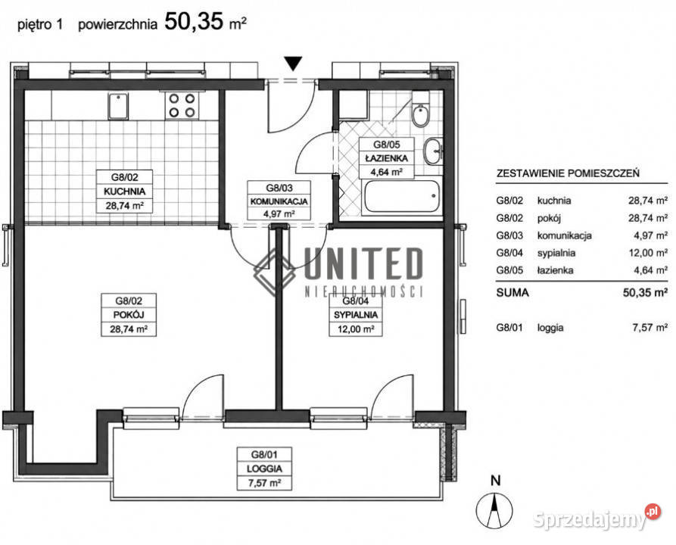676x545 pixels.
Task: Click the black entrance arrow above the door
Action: click(x=294, y=64)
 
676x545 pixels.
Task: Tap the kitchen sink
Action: click(x=117, y=107)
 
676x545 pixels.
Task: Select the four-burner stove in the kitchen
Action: click(x=182, y=106)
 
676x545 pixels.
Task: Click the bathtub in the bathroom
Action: click(x=402, y=196)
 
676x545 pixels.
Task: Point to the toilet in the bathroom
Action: click(x=420, y=110)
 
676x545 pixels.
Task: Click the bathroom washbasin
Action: click(x=432, y=151)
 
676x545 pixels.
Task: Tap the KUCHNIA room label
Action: click(x=125, y=191)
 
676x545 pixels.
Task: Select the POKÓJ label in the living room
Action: click(x=129, y=315)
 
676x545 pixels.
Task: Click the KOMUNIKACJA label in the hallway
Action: click(x=279, y=201)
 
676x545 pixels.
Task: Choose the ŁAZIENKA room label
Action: click(x=387, y=158)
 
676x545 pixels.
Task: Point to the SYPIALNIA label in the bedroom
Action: click(x=356, y=315)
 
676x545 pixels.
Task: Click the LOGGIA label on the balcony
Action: click(x=264, y=469)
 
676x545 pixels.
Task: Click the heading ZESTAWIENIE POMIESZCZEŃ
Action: click(x=568, y=173)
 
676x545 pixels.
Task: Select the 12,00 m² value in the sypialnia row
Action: click(x=648, y=253)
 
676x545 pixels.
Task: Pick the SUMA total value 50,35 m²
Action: click(x=646, y=293)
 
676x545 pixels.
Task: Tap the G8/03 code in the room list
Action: click(x=509, y=236)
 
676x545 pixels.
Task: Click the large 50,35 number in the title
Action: click(x=194, y=21)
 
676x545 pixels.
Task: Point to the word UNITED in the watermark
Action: click(x=363, y=263)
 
